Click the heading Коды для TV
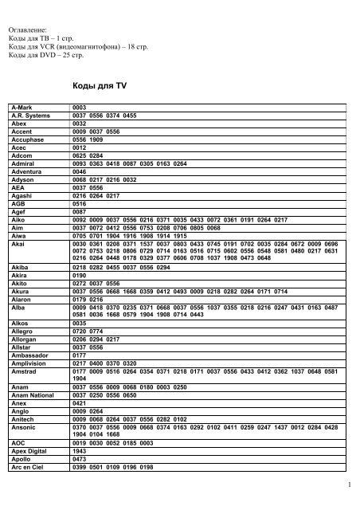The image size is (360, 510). [x=100, y=82]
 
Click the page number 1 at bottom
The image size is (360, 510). [x=350, y=484]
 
